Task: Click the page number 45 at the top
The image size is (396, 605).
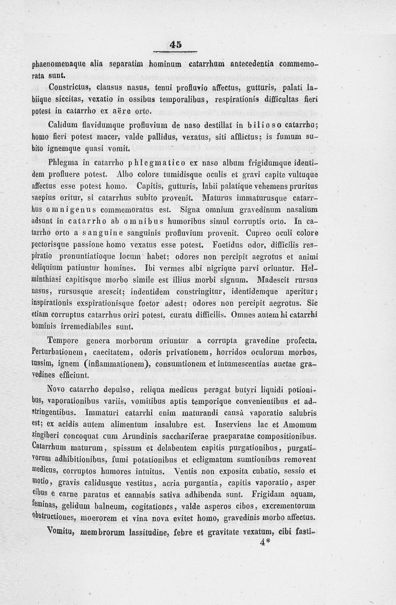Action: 175,45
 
